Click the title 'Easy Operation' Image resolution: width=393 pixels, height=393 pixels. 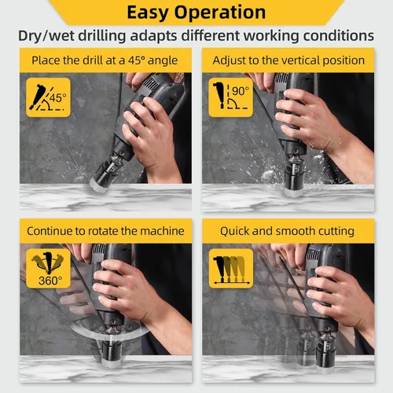click(x=196, y=13)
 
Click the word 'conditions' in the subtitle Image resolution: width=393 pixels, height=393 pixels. click(x=339, y=35)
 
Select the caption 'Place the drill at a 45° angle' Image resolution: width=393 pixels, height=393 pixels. click(x=105, y=61)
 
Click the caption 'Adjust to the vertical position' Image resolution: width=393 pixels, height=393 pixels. click(x=288, y=61)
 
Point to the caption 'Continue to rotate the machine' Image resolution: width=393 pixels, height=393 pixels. click(x=105, y=231)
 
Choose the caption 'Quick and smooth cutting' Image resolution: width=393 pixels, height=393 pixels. click(x=287, y=231)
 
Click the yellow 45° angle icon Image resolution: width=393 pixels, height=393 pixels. click(x=48, y=97)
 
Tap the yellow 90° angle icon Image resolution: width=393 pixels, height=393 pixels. click(x=231, y=97)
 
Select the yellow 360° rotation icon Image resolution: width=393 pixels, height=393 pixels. click(x=48, y=268)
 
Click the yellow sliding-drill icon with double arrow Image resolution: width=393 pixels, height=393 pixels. click(x=231, y=268)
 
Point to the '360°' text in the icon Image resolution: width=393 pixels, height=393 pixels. click(x=50, y=281)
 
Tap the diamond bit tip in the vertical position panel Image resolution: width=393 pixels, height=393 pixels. click(x=293, y=191)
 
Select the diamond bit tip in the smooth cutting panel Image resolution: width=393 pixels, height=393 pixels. click(x=325, y=367)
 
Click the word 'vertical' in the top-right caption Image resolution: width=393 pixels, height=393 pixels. click(x=300, y=61)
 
